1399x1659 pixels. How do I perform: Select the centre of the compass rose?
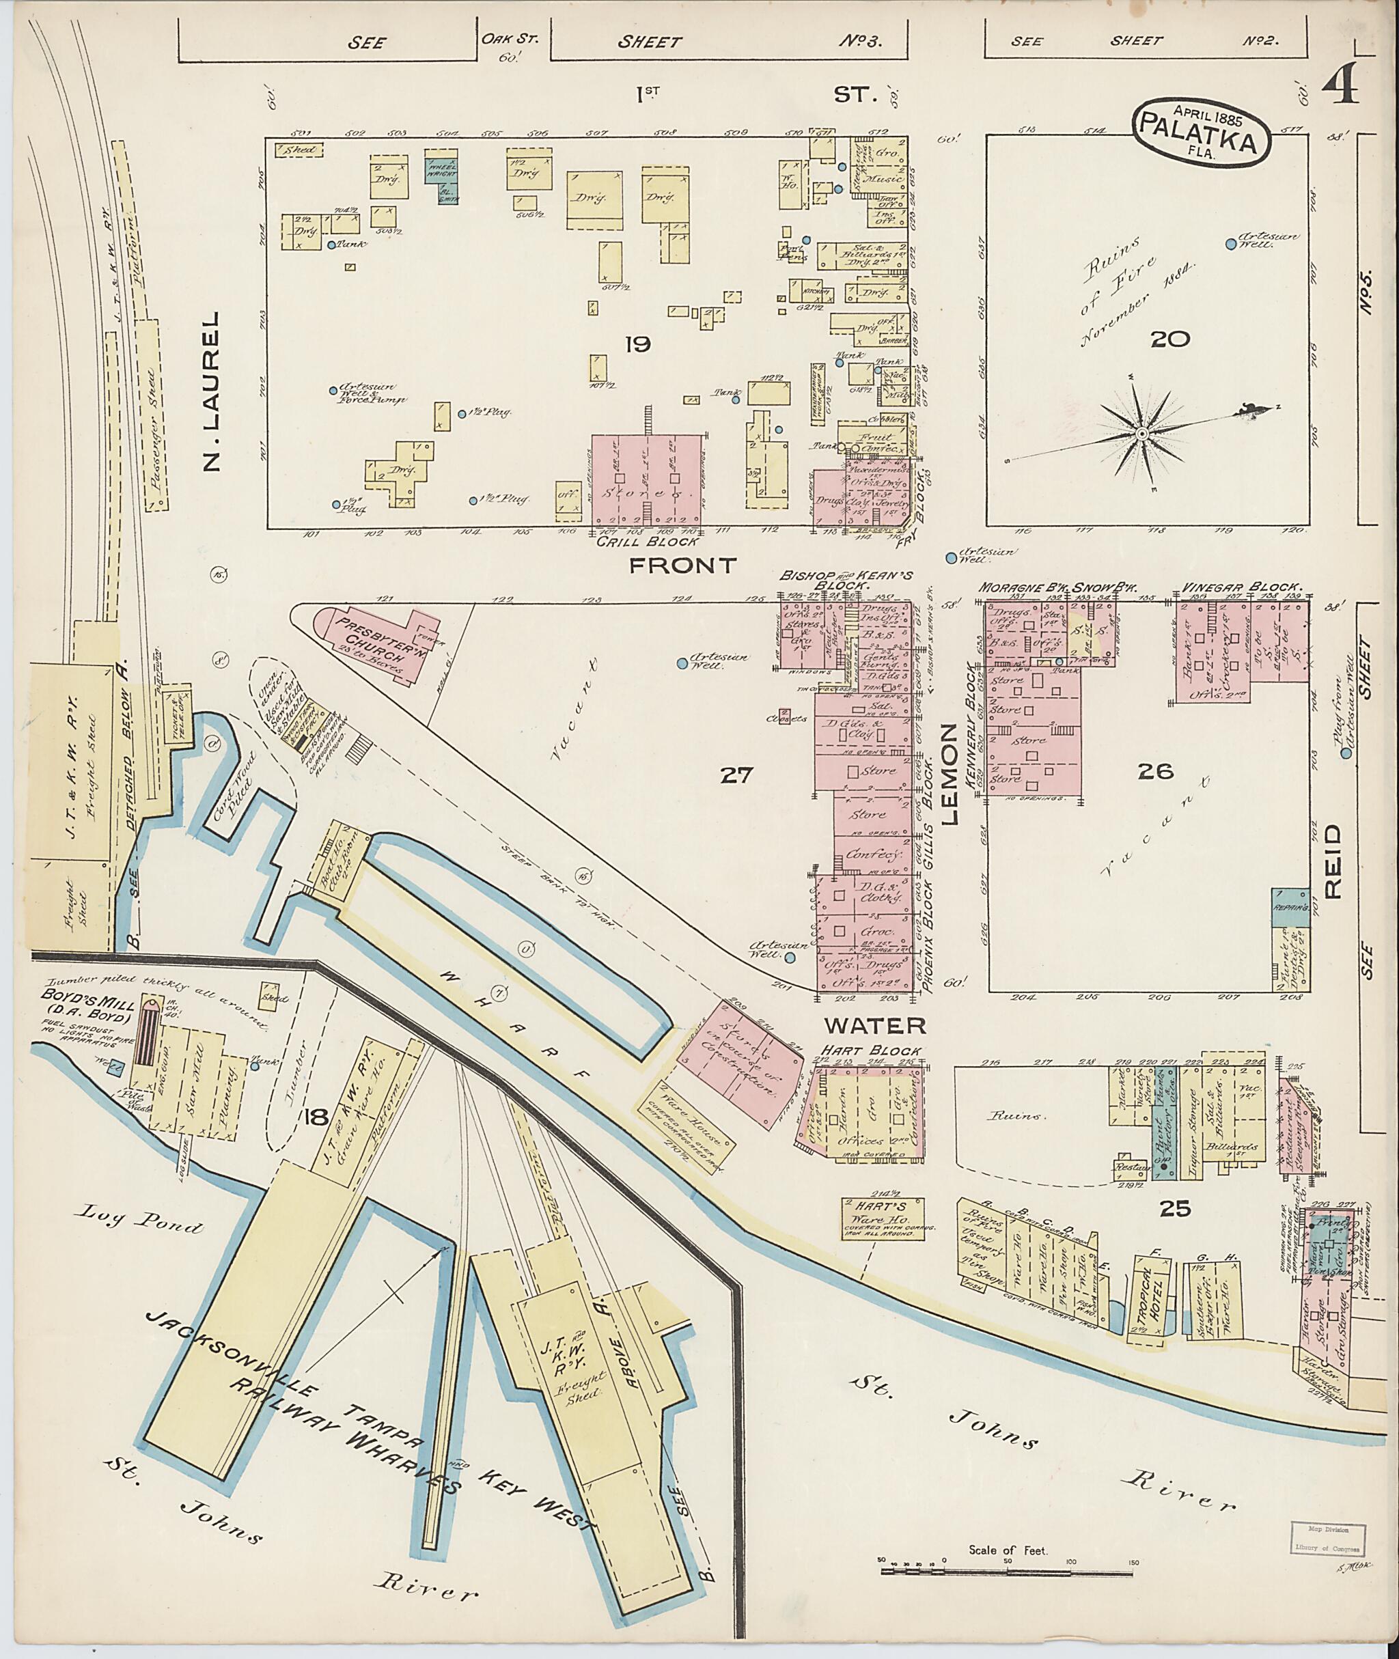1141,434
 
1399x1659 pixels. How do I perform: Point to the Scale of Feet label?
1007,1550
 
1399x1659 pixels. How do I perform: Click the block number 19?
637,344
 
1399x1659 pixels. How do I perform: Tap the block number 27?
736,775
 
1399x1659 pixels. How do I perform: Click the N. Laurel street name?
210,392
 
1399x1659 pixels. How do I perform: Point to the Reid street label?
1331,860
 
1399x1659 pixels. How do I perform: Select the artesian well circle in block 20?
1231,245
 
